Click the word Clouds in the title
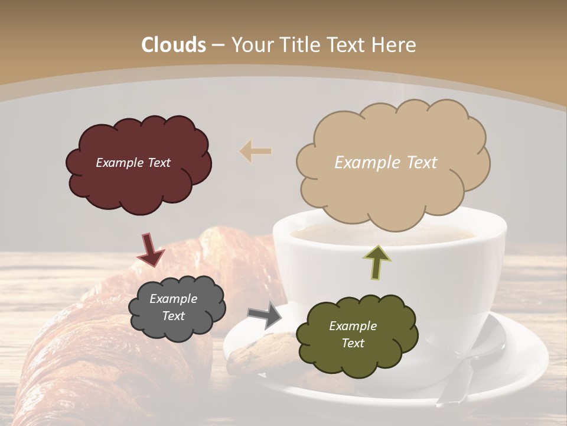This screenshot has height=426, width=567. click(174, 45)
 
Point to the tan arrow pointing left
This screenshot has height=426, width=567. click(256, 151)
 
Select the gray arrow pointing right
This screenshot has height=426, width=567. click(265, 315)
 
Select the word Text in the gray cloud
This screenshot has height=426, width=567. click(173, 316)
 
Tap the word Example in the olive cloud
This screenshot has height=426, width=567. click(353, 326)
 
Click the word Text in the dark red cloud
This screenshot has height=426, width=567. click(158, 163)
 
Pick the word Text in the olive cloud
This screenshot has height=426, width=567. click(353, 343)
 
